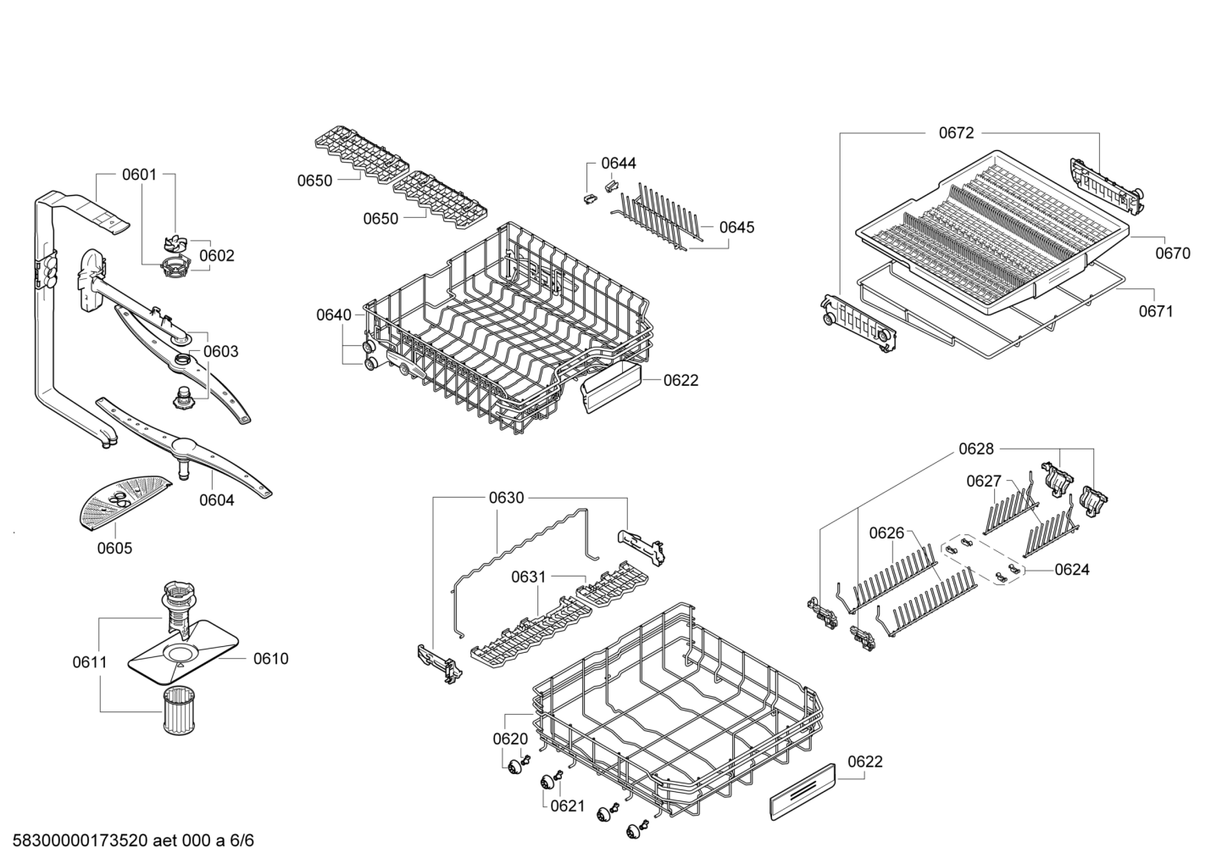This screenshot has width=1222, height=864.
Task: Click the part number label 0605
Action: coord(114,549)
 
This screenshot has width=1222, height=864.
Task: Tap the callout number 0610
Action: coord(270,659)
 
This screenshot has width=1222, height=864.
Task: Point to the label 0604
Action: coord(217,500)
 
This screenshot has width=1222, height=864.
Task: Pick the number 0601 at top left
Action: coord(139,176)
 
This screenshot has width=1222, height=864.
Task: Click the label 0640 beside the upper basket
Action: coord(334,315)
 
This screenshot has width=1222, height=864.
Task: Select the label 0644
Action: coord(619,164)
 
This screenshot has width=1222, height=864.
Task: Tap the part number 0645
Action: coord(736,227)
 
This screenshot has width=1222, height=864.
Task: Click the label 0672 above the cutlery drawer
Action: coord(956,133)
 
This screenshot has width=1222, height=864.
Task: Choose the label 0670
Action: coord(1172,253)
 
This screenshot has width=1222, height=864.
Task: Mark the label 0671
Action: coord(1156,311)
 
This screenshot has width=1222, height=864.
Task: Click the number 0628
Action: coord(976,449)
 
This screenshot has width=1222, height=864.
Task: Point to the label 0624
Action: coord(1072,570)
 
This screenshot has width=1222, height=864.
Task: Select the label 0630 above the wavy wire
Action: coord(506,498)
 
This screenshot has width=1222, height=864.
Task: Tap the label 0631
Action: coord(528,577)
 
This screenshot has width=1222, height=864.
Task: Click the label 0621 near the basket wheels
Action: coord(568,805)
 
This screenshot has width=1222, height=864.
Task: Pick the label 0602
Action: coord(217,256)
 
